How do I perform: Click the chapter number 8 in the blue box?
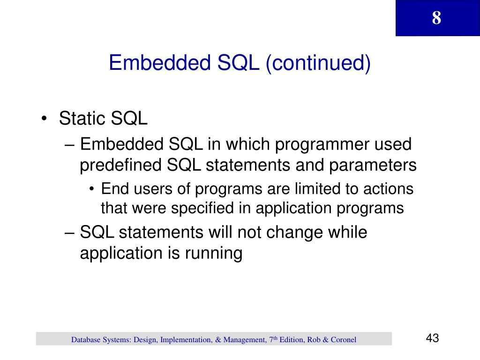pos(436,18)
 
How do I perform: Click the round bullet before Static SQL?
pos(44,119)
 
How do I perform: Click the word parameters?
pos(373,166)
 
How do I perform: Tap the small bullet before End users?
pos(91,189)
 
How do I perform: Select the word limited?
pos(317,188)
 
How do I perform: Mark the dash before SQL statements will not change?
pos(70,232)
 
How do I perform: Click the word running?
pos(213,254)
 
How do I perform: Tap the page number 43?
pos(432,338)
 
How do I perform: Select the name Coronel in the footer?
pos(344,340)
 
